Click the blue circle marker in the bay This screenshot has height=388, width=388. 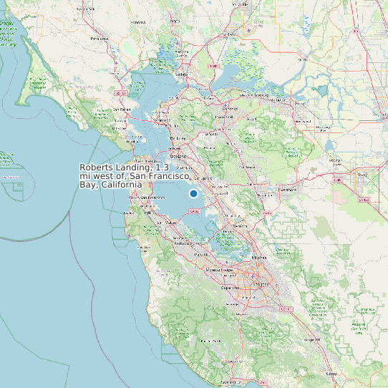click(x=193, y=194)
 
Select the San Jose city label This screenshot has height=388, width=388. click(x=261, y=283)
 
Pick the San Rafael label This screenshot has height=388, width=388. click(x=124, y=110)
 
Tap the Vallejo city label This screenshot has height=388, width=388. click(x=182, y=74)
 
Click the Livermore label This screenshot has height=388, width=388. click(x=288, y=190)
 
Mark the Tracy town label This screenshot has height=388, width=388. click(x=362, y=174)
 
